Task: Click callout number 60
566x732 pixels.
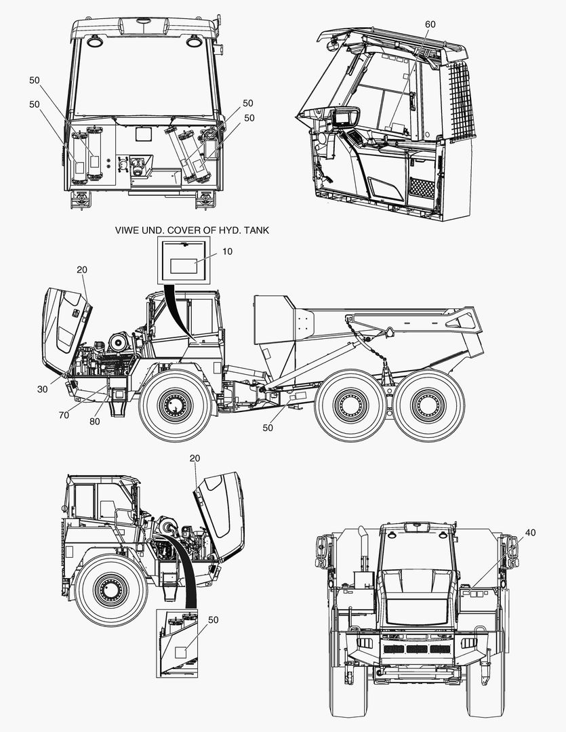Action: click(x=430, y=24)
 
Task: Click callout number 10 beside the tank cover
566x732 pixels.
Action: click(x=227, y=251)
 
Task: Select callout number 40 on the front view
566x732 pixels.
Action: click(x=530, y=533)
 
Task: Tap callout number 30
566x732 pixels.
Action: click(x=43, y=389)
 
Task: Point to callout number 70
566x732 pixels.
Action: click(x=64, y=415)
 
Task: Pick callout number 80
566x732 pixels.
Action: click(x=94, y=422)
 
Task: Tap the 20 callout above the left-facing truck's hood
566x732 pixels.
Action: click(x=195, y=458)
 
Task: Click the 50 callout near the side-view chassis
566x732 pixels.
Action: click(x=268, y=428)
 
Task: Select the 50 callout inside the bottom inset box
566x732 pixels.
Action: click(x=213, y=620)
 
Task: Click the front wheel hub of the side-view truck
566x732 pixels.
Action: click(x=176, y=404)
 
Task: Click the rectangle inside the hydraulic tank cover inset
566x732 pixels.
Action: click(x=184, y=266)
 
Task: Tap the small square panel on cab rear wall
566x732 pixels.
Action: click(x=144, y=134)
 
